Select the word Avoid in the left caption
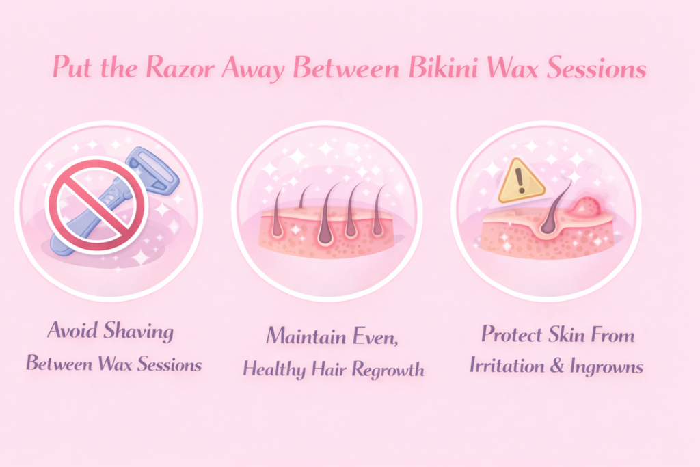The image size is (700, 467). pyautogui.click(x=72, y=333)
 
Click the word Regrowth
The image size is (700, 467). pyautogui.click(x=388, y=369)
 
